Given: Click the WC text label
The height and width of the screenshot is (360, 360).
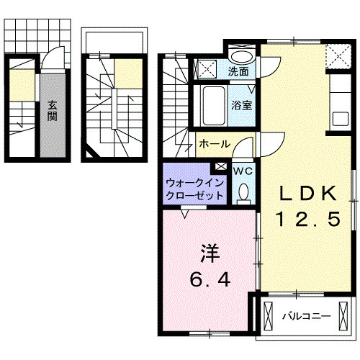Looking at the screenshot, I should (x=243, y=171).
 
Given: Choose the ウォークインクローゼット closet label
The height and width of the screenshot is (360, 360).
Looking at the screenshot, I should (x=194, y=189).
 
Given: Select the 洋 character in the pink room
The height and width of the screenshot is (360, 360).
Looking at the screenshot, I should (x=210, y=253).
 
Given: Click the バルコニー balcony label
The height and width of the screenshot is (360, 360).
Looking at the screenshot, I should (x=305, y=316).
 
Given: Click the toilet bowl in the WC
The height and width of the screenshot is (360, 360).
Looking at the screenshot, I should (x=243, y=192).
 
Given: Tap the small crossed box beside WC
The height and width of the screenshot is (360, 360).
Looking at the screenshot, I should (x=220, y=168).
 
